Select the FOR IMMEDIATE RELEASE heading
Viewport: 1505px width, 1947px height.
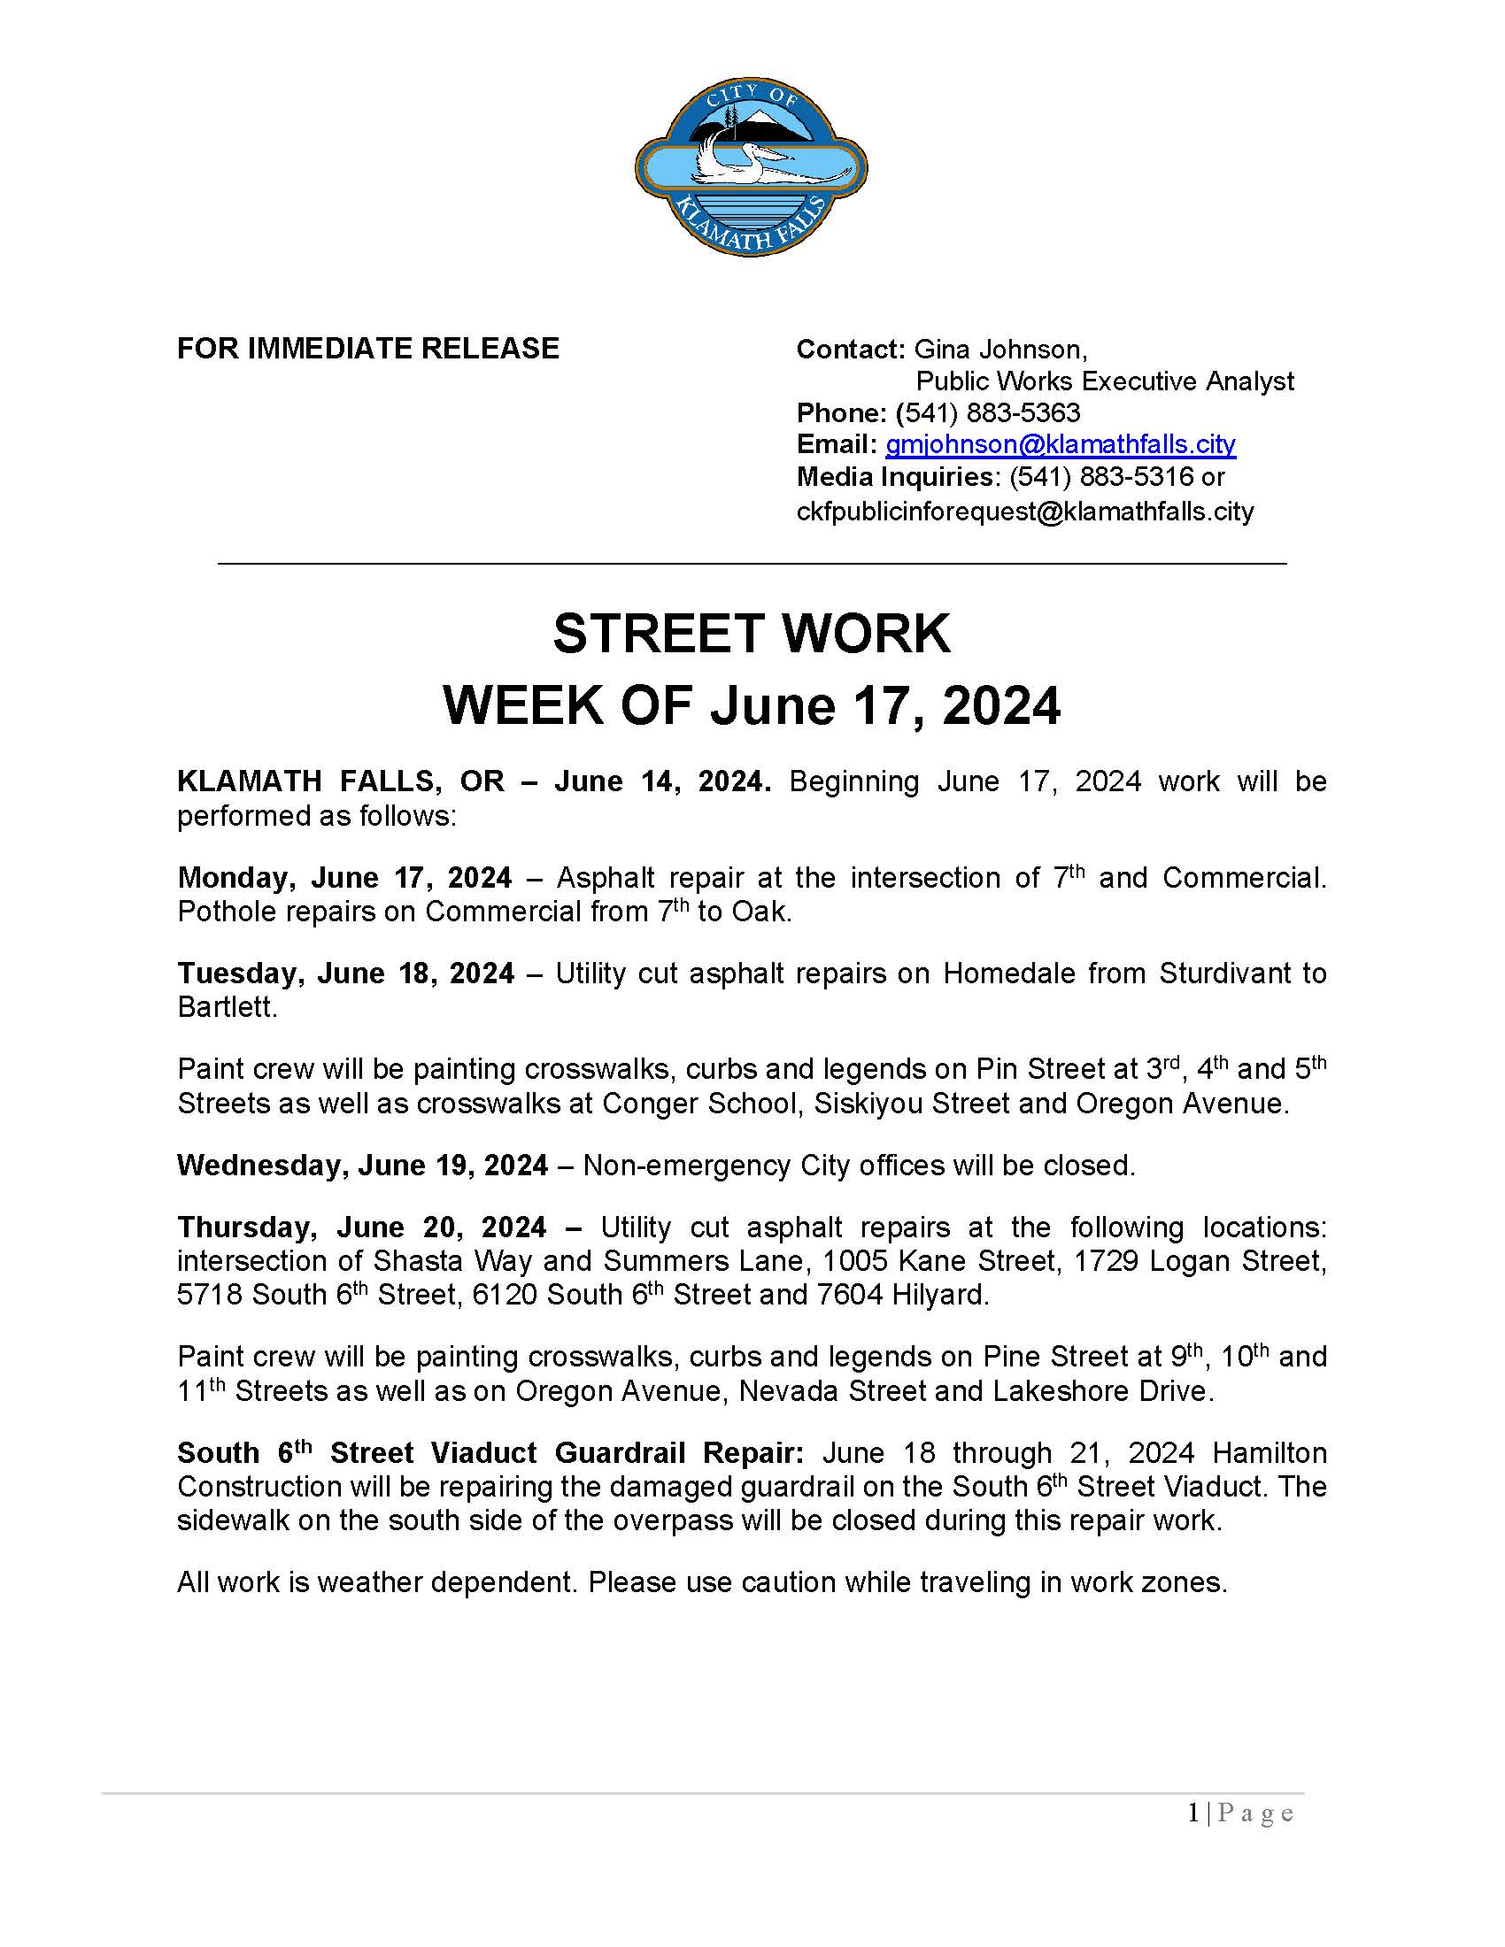coord(367,348)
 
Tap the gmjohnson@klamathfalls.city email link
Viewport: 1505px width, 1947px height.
coord(1060,444)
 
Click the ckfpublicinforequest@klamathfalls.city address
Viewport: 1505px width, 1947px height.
coord(1024,512)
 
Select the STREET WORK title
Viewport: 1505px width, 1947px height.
coord(752,634)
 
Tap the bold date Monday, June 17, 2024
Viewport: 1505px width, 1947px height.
coord(344,877)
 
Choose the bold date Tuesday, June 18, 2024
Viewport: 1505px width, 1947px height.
coord(345,973)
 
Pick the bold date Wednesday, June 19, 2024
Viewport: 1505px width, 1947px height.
coord(362,1166)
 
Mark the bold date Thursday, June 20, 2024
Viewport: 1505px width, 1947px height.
coord(361,1227)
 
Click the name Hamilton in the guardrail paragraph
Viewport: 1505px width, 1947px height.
coord(1269,1453)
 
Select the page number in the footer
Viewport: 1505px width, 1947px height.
coord(1193,1813)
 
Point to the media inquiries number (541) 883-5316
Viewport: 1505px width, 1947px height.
coord(1100,477)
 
